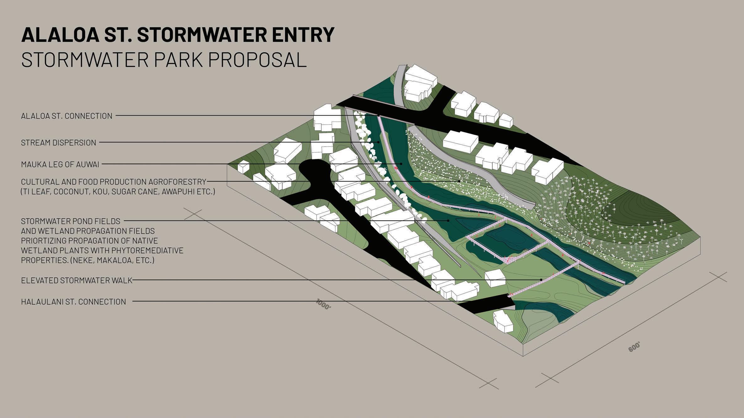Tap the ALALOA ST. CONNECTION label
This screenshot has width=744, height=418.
coord(67,116)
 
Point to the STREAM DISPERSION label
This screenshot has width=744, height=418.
coord(58,143)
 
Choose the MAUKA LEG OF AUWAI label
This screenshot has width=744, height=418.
coord(60,164)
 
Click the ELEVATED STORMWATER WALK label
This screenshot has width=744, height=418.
coord(77,280)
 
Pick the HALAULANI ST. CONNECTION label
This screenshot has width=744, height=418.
coord(73,302)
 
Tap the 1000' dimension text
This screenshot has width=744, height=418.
coord(324,305)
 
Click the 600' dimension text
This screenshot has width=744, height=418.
coord(634,347)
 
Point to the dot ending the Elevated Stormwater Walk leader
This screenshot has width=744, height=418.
coord(541,280)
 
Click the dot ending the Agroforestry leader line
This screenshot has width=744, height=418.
coord(459,181)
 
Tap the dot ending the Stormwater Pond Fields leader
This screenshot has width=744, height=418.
coord(448,221)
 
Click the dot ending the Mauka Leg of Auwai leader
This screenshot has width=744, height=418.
coord(401,164)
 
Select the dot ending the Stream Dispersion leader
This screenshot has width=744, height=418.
coord(378,142)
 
